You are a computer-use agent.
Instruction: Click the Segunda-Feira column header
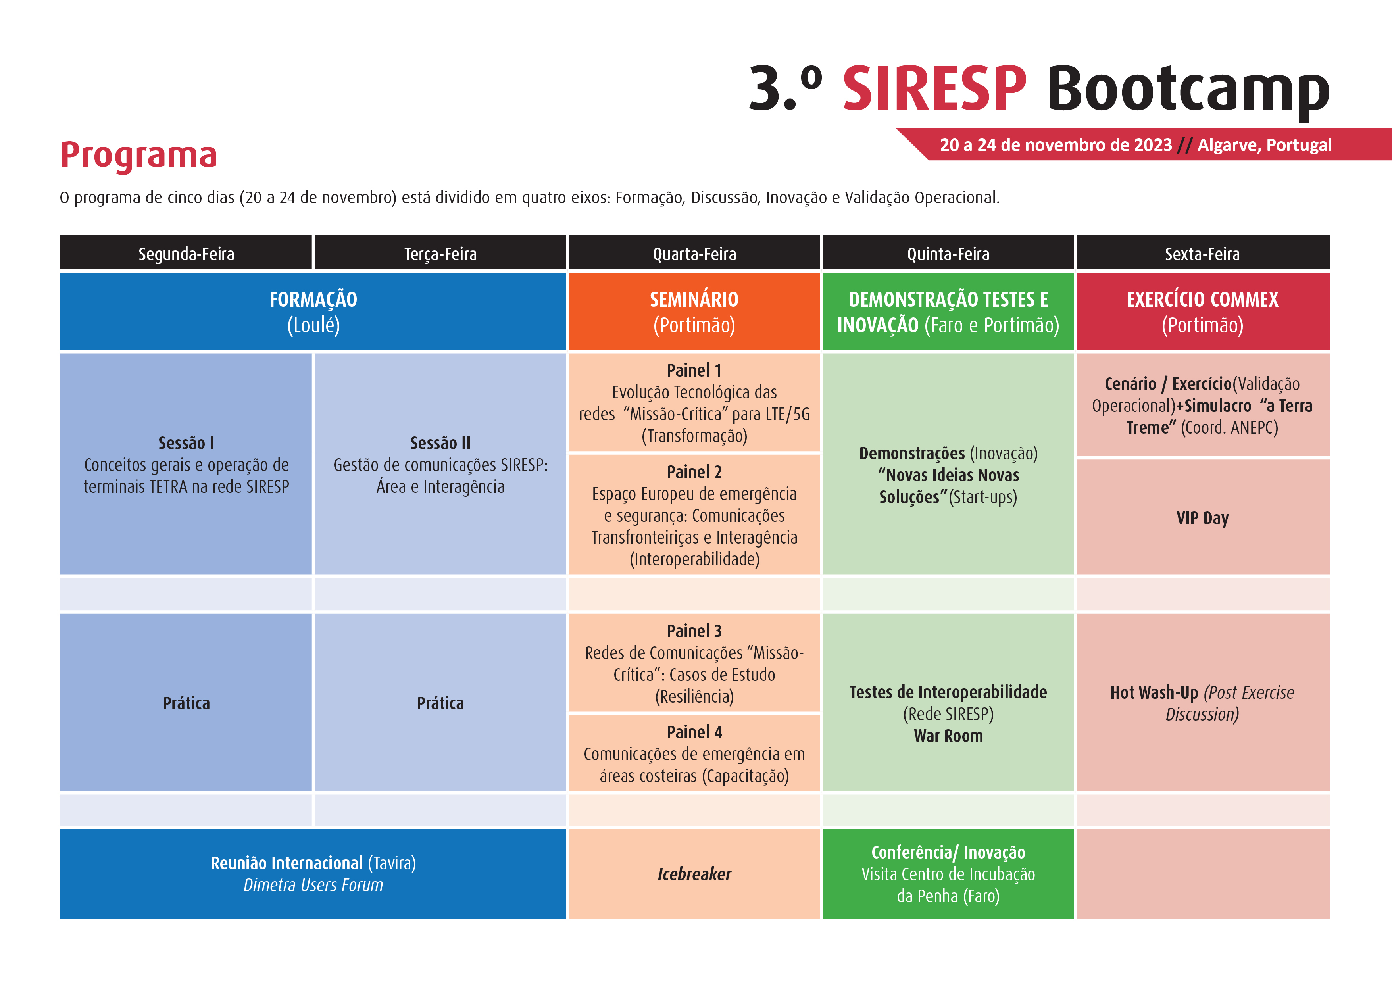pyautogui.click(x=186, y=254)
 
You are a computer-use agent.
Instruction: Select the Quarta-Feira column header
pyautogui.click(x=694, y=254)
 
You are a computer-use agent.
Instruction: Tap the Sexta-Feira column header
pyautogui.click(x=1202, y=254)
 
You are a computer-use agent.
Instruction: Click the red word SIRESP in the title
pyautogui.click(x=934, y=90)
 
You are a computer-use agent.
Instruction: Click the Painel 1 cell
pyautogui.click(x=694, y=403)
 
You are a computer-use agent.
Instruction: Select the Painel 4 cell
pyautogui.click(x=694, y=753)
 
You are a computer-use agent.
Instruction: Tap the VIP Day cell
pyautogui.click(x=1202, y=518)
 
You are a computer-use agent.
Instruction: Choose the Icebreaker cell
pyautogui.click(x=694, y=874)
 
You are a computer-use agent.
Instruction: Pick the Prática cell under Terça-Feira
pyautogui.click(x=440, y=703)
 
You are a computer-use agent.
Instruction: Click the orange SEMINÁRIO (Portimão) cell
pyautogui.click(x=694, y=311)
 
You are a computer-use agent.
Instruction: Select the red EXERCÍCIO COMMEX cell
pyautogui.click(x=1202, y=311)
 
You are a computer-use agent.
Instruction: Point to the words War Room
pyautogui.click(x=948, y=736)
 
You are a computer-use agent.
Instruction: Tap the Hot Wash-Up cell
pyautogui.click(x=1202, y=703)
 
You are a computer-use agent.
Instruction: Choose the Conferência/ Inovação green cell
pyautogui.click(x=948, y=874)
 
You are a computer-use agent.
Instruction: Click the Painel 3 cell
pyautogui.click(x=694, y=663)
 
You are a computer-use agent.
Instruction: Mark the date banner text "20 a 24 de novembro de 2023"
pyautogui.click(x=1056, y=145)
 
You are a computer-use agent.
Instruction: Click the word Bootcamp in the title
pyautogui.click(x=1188, y=90)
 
